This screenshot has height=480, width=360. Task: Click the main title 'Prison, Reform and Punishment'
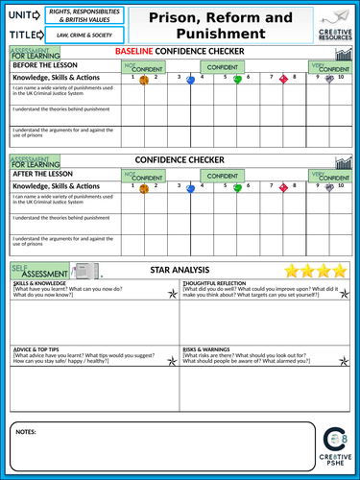(212, 26)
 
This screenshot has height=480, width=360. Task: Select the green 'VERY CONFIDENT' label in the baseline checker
(323, 67)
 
